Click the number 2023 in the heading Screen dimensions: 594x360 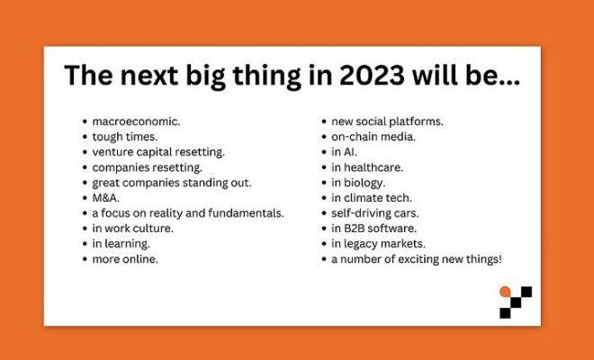372,75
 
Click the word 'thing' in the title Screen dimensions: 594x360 266,76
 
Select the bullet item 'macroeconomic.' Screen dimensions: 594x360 137,121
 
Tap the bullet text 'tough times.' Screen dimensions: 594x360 124,137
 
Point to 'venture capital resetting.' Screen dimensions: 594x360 158,152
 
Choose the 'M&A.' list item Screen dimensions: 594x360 105,198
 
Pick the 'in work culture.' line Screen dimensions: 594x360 132,229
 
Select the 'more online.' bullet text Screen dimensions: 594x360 125,259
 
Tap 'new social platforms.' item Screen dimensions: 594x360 387,121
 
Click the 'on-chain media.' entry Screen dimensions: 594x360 373,137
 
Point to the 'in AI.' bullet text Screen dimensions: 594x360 344,152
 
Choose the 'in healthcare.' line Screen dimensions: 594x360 367,167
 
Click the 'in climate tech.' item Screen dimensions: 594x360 371,198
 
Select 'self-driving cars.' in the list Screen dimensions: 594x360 375,213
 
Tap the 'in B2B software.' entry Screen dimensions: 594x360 373,229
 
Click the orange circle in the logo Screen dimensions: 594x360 505,292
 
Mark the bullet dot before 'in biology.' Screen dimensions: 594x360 324,183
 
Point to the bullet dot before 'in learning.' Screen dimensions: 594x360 85,244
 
